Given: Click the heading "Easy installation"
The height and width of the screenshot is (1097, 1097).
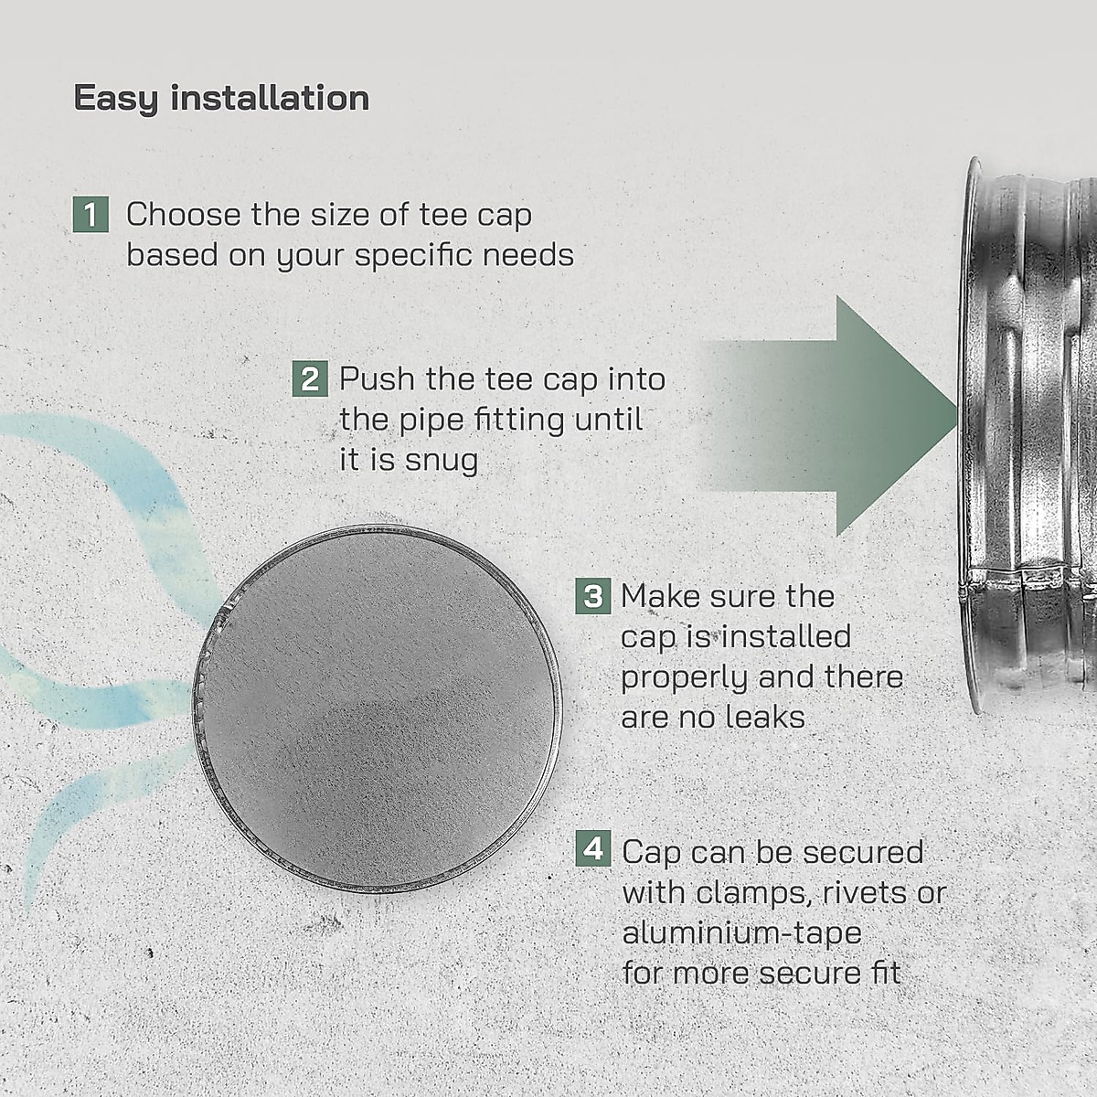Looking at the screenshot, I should tap(221, 99).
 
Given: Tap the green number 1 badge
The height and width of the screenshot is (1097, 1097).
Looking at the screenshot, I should tap(90, 215).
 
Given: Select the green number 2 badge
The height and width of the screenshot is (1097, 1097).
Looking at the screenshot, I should tap(310, 378).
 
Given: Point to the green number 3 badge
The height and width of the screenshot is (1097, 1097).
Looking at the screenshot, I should tap(593, 596).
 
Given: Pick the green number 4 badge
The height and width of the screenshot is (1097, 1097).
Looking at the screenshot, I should tap(593, 849).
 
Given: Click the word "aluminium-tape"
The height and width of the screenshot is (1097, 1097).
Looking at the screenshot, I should tap(741, 932).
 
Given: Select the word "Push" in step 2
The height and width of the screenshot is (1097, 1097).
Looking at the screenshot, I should tap(378, 378).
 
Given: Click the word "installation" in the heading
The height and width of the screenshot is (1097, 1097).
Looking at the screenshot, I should tap(270, 99).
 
